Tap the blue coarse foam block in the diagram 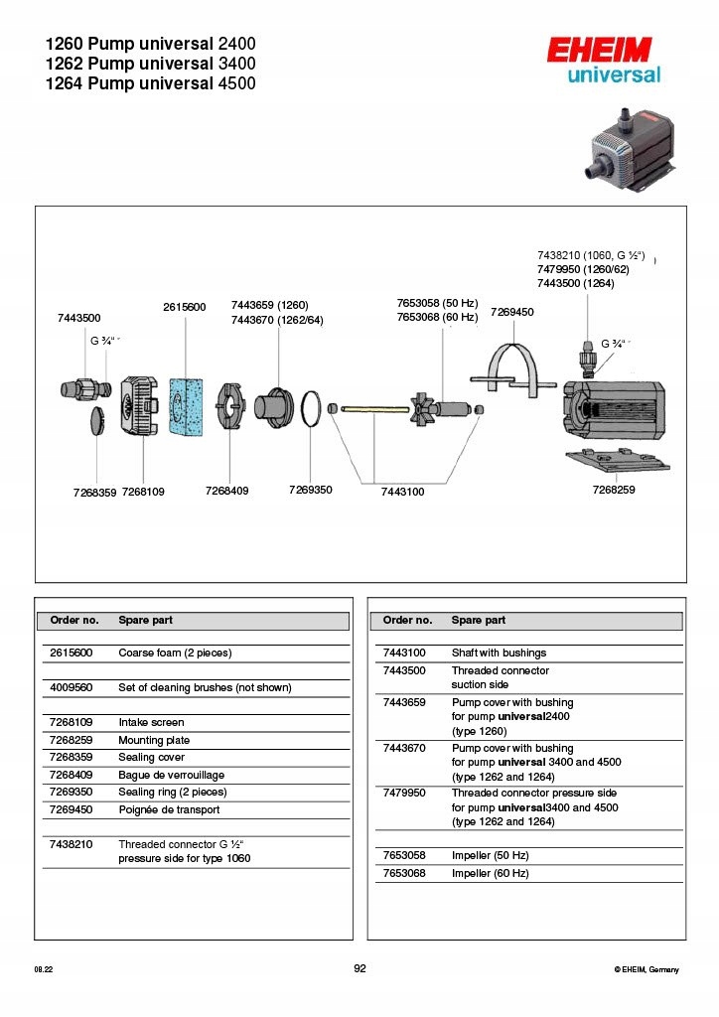tap(187, 406)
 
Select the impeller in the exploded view tap(426, 407)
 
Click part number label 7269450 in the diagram tap(512, 312)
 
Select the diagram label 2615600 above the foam tap(184, 307)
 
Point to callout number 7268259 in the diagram tap(613, 491)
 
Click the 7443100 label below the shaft tap(402, 492)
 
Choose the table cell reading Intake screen tap(151, 722)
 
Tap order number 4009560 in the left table tap(72, 687)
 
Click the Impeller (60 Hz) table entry tap(490, 873)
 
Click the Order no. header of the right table tap(407, 620)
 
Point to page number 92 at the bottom tap(359, 969)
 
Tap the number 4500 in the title tap(235, 83)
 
